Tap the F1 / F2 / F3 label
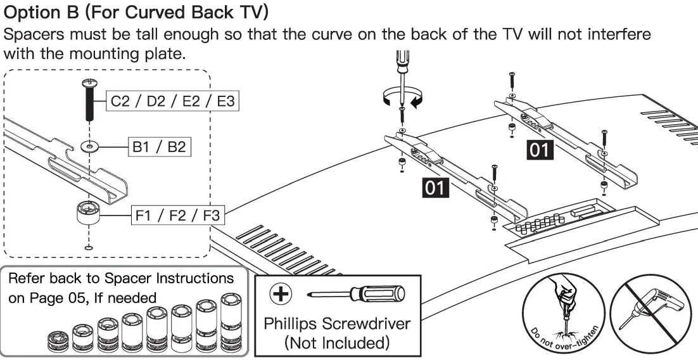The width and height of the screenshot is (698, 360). [x=178, y=215]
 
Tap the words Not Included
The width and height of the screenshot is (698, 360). [x=337, y=343]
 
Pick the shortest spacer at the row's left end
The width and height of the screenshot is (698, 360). [x=59, y=342]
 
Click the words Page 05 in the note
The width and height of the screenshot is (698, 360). [x=63, y=297]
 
